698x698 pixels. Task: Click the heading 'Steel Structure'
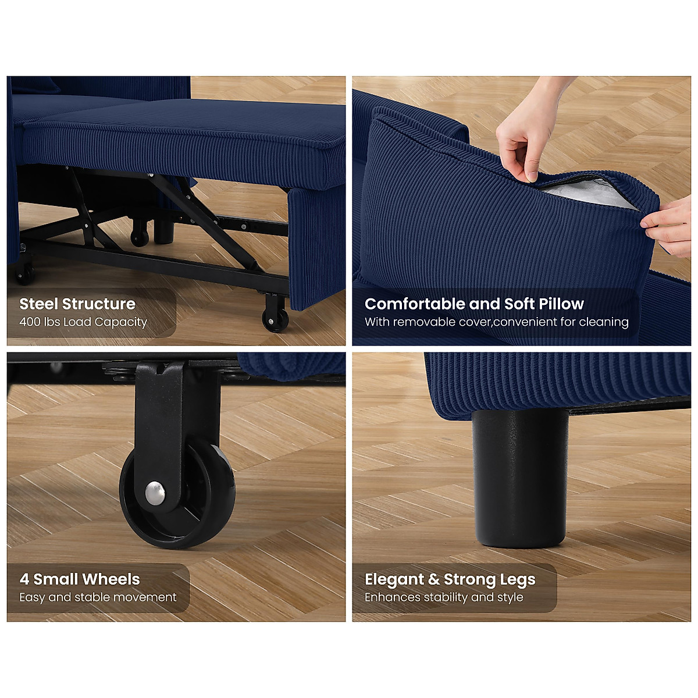[77, 304]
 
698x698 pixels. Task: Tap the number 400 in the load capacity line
[29, 322]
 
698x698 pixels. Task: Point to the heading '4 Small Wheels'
[80, 579]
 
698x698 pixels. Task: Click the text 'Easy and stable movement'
[98, 597]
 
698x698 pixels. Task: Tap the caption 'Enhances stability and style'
[444, 597]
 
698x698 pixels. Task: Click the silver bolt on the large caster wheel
[155, 493]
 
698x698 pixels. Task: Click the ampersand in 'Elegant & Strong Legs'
[434, 579]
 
